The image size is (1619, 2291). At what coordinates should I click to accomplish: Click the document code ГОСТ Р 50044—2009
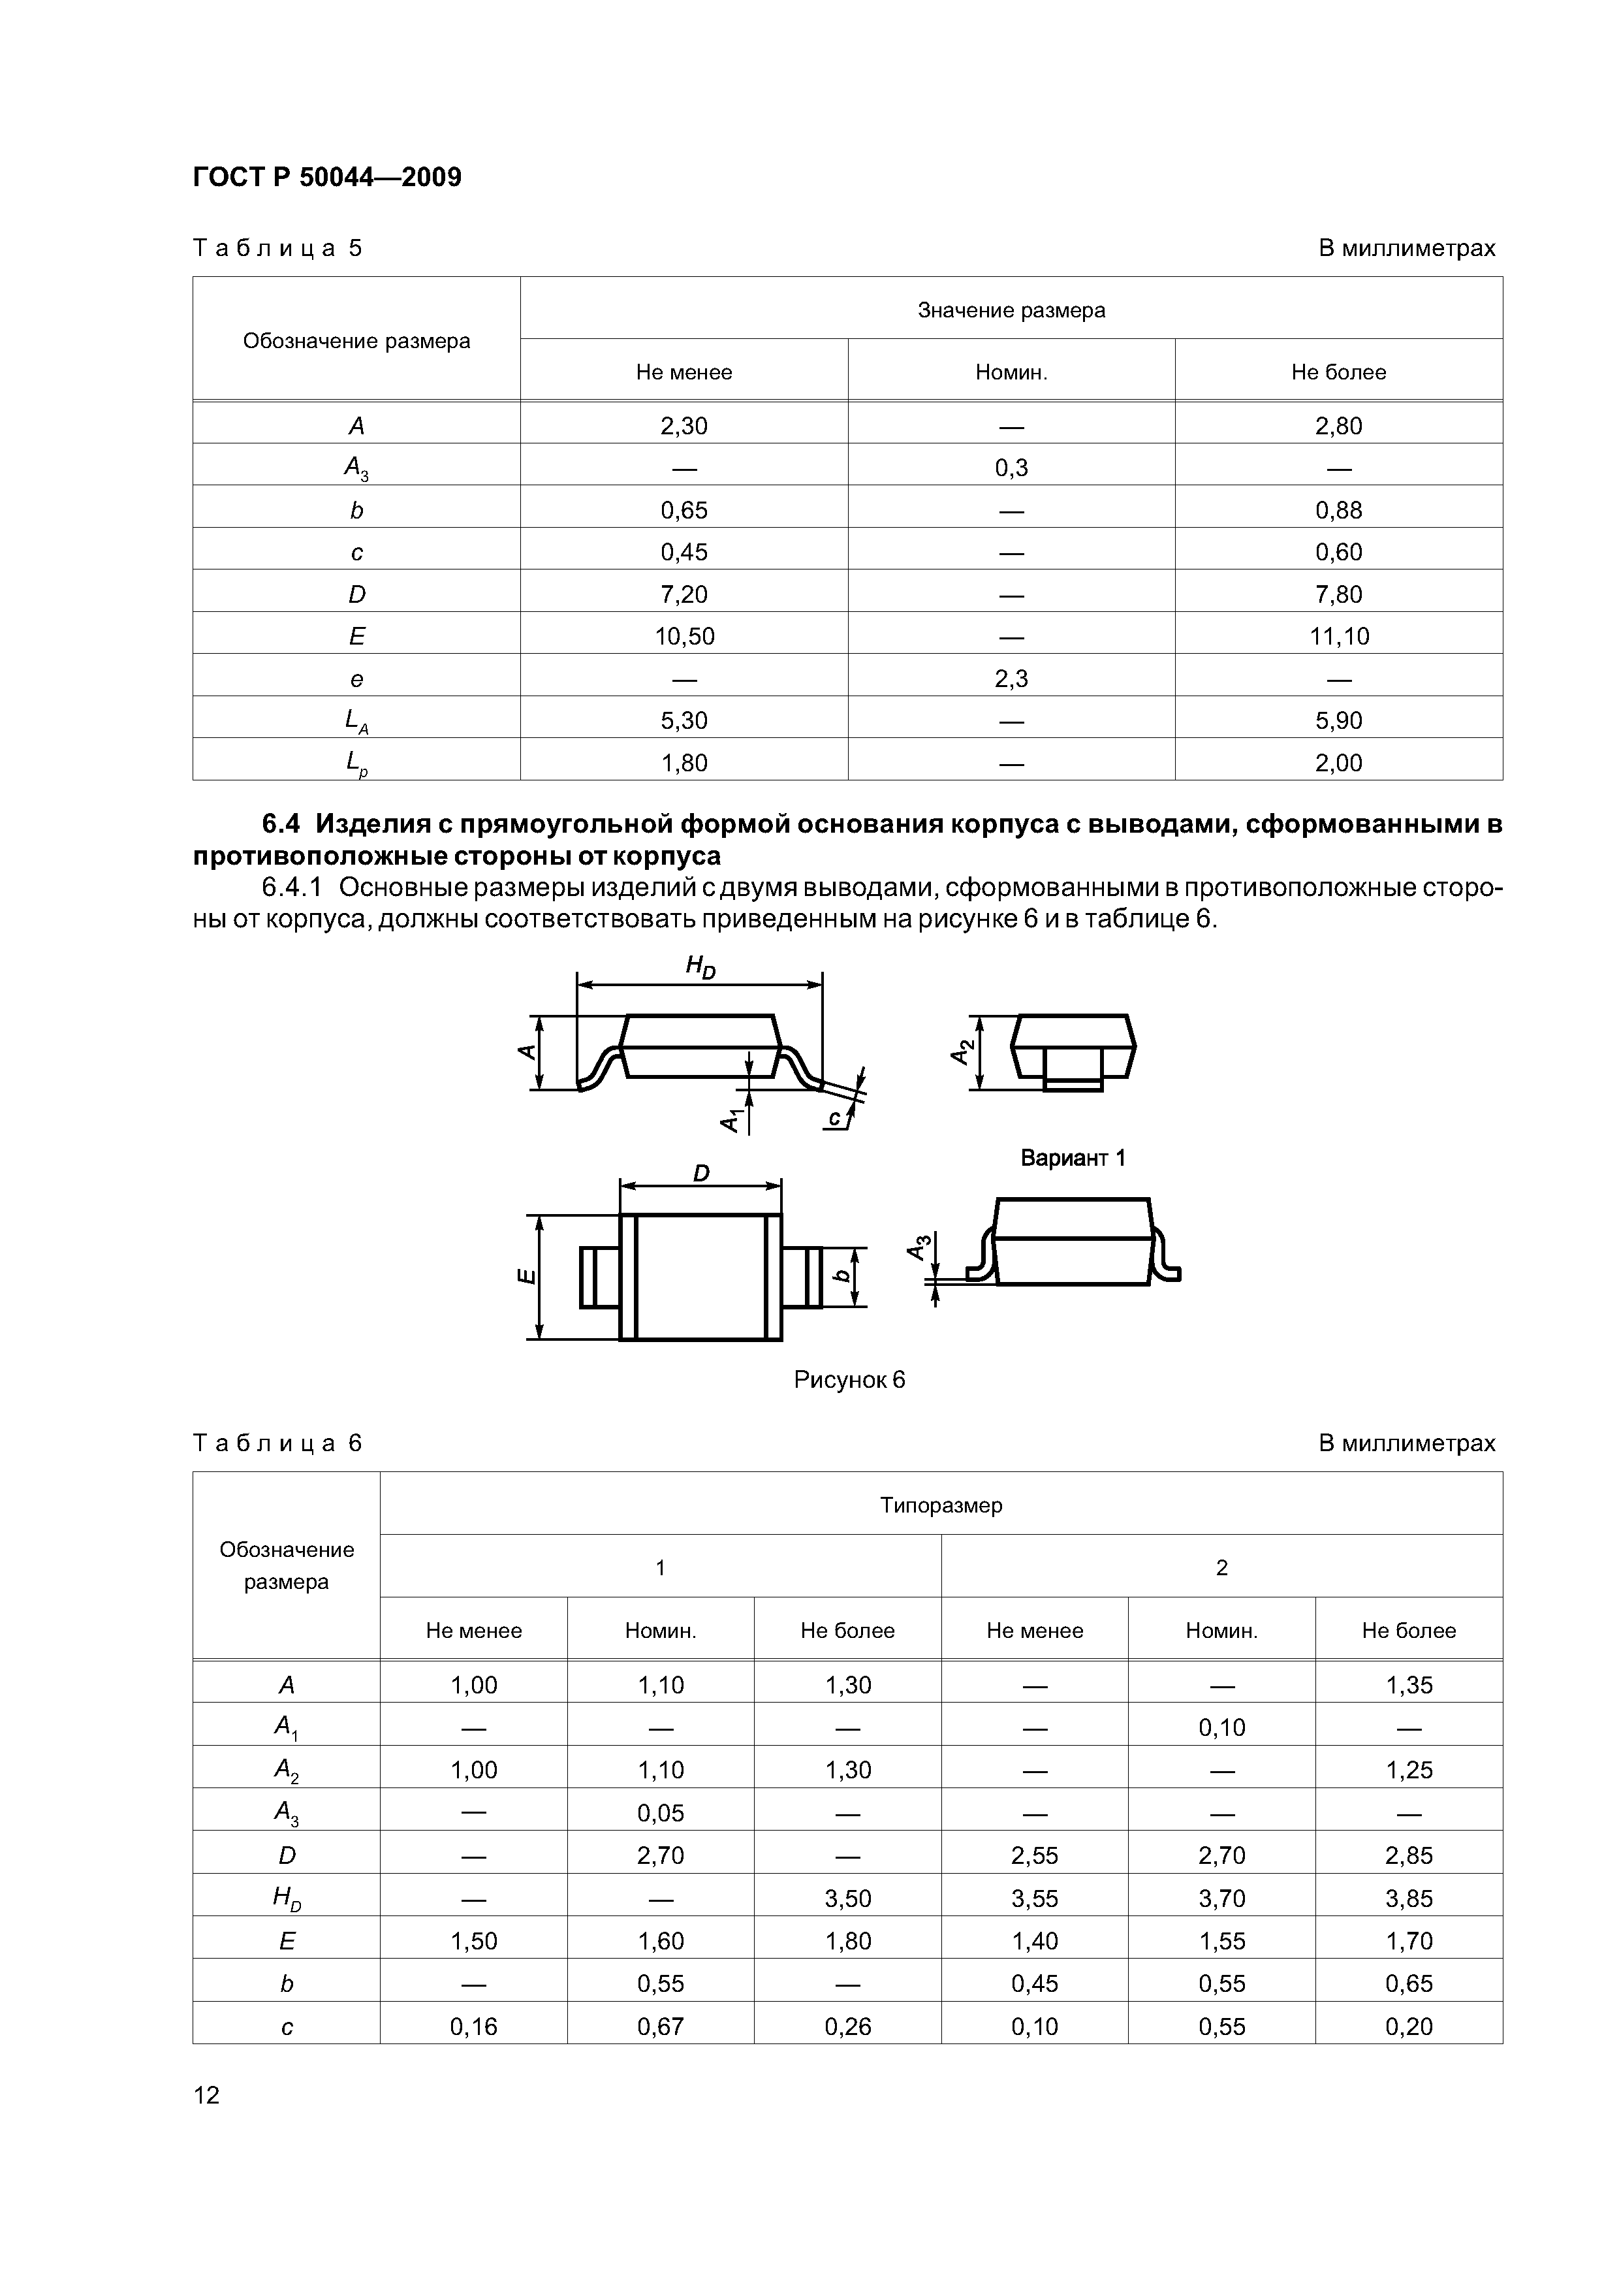coord(326,178)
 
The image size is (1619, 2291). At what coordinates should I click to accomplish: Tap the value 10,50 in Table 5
coord(684,637)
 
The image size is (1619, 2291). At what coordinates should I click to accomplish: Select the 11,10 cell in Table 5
coord(1339,637)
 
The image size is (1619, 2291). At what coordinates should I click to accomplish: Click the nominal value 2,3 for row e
coord(1011,679)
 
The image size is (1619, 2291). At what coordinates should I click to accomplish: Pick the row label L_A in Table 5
coord(356,722)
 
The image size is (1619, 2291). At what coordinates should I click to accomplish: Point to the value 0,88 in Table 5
coord(1339,510)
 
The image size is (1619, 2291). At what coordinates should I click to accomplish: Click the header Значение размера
coord(1011,310)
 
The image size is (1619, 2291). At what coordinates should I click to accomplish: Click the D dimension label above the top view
coord(700,1174)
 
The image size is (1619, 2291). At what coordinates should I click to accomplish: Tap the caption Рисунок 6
coord(849,1380)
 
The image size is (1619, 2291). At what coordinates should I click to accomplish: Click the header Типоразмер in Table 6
coord(941,1505)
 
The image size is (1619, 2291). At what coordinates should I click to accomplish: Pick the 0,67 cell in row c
coord(661,2027)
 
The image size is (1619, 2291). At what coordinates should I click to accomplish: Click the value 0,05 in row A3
coord(661,1813)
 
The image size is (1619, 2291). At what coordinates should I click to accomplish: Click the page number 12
coord(206,2094)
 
